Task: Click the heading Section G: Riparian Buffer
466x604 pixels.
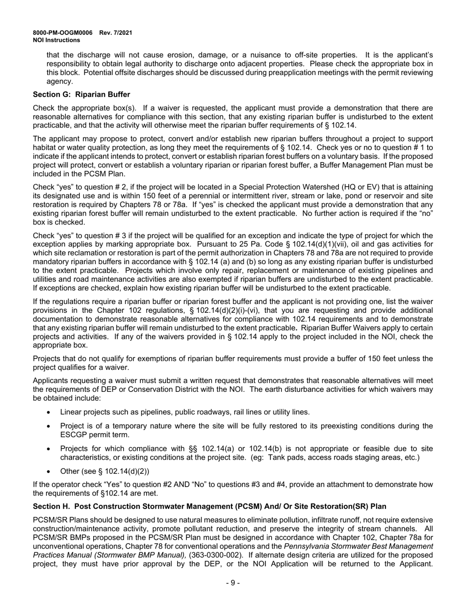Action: tap(81, 94)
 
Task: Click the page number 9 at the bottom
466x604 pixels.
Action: tap(233, 583)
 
